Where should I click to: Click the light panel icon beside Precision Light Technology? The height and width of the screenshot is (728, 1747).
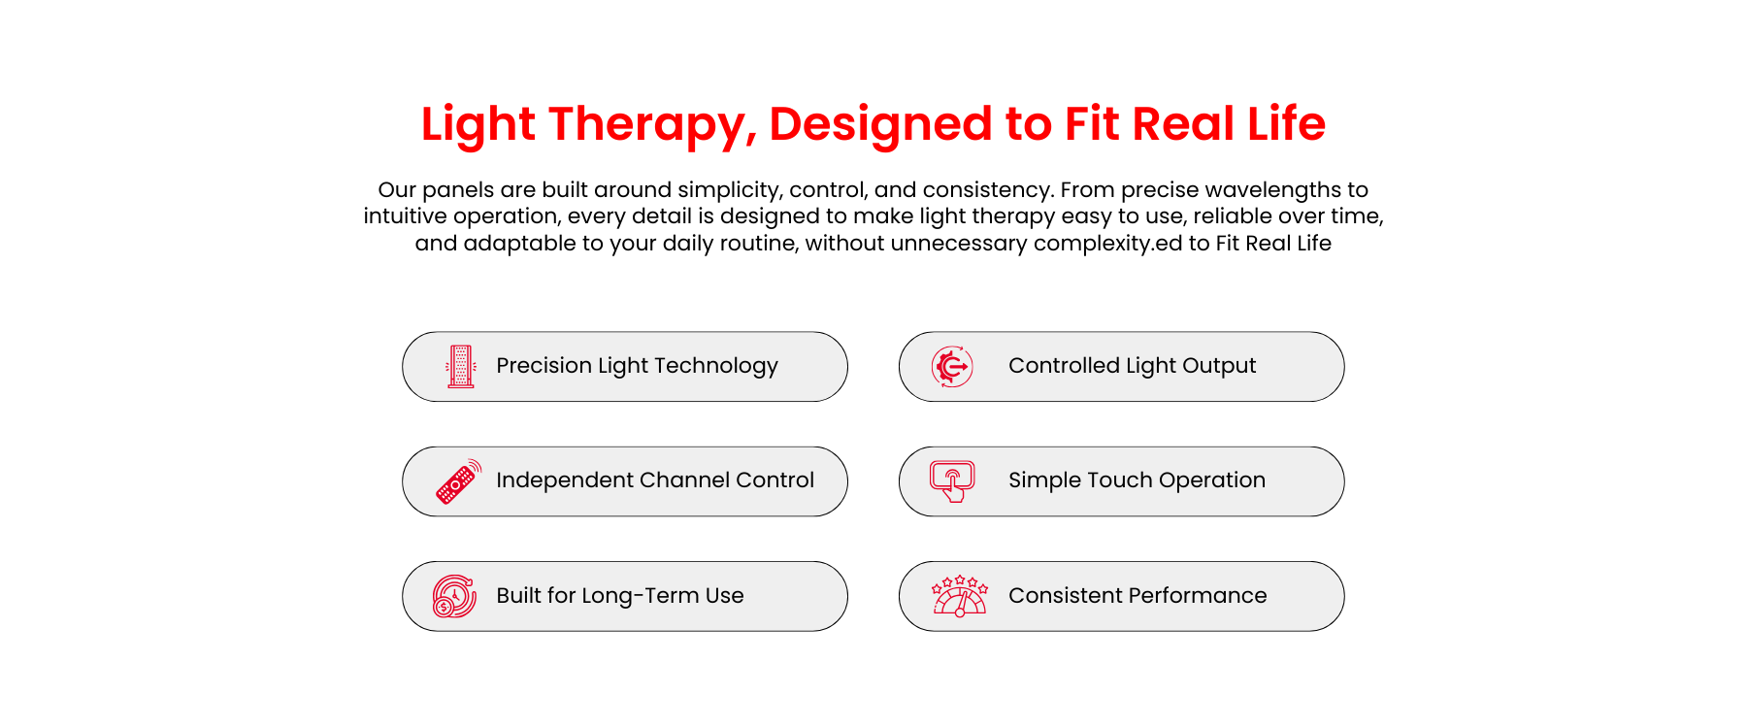(x=461, y=367)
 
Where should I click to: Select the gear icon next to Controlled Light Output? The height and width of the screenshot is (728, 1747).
(x=952, y=367)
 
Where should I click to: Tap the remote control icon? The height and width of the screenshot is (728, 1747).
(x=458, y=481)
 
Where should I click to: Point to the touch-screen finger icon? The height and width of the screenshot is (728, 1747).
(x=952, y=481)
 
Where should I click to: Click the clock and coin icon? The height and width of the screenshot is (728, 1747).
(x=454, y=596)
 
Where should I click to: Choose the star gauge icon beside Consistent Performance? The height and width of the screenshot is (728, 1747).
(x=959, y=596)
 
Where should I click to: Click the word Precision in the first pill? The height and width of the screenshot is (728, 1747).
(x=544, y=366)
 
